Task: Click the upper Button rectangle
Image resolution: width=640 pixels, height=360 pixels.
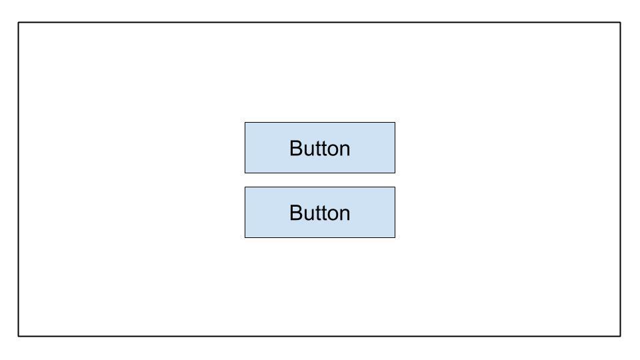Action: [x=320, y=148]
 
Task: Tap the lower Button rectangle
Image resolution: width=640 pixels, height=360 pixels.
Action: [x=320, y=212]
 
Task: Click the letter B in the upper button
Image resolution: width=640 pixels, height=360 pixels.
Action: [x=296, y=148]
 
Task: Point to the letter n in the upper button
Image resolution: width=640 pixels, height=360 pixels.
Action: [x=345, y=150]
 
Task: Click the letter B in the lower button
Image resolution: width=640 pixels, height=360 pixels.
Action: [x=296, y=213]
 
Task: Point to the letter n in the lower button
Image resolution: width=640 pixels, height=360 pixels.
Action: [x=345, y=215]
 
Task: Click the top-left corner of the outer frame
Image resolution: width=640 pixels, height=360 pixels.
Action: [x=19, y=23]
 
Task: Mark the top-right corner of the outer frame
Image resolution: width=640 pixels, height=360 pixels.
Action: [x=621, y=23]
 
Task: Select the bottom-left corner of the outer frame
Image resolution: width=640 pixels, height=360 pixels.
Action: [x=19, y=336]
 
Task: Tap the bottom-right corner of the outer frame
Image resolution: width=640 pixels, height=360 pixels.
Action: [x=621, y=336]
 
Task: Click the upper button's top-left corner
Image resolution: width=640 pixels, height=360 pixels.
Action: [x=245, y=123]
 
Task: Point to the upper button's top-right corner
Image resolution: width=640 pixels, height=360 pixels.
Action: [x=395, y=123]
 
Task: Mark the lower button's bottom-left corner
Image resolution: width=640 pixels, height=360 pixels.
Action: [x=245, y=237]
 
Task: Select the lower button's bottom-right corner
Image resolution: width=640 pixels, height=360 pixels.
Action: [x=395, y=237]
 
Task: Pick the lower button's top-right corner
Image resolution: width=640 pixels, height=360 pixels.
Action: [x=395, y=187]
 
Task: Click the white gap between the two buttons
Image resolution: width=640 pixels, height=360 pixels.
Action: [x=320, y=180]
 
